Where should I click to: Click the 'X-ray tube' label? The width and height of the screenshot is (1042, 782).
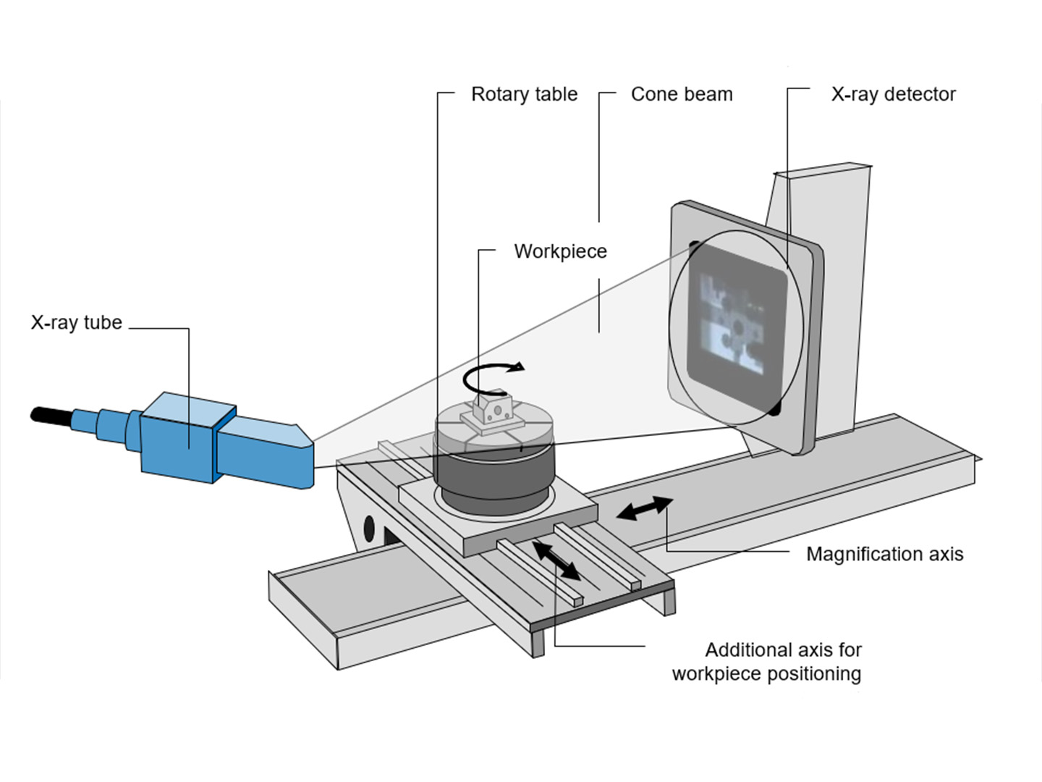76,323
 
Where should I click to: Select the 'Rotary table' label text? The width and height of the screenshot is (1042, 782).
524,95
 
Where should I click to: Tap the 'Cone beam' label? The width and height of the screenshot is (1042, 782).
681,95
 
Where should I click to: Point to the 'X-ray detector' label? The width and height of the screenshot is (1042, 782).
893,95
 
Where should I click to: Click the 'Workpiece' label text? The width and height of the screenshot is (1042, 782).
560,252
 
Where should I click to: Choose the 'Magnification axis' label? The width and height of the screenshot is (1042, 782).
884,555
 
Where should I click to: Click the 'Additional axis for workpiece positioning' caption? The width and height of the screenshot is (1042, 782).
767,662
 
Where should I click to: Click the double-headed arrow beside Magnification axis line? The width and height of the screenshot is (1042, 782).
644,508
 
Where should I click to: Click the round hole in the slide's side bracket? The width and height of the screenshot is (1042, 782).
369,527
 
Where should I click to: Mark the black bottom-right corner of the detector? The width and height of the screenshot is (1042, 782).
775,408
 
